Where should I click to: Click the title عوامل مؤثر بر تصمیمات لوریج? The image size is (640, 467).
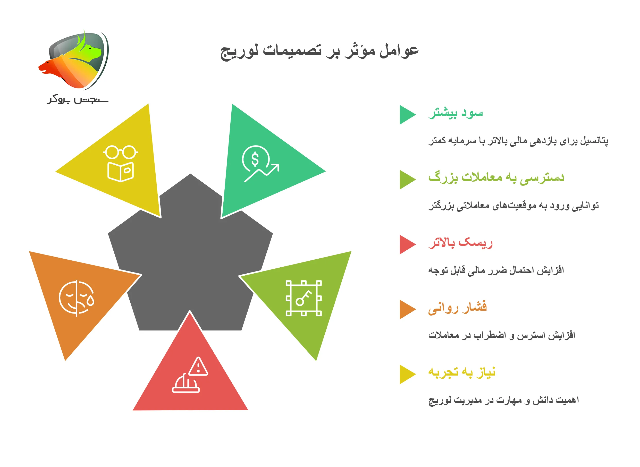pos(319,51)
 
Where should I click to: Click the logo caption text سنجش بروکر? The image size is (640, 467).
pos(78,100)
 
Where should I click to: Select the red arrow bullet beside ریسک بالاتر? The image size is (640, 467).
pos(407,244)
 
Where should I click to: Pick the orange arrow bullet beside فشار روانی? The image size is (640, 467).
pos(407,310)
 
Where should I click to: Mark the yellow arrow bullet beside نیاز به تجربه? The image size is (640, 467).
pos(407,375)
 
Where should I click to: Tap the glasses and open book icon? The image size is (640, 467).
pos(121,164)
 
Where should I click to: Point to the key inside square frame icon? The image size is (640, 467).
pos(304,298)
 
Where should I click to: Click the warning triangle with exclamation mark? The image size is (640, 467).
pos(198,367)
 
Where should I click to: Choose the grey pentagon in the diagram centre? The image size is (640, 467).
pos(190,254)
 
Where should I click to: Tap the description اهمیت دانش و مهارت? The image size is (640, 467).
pos(503,400)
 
